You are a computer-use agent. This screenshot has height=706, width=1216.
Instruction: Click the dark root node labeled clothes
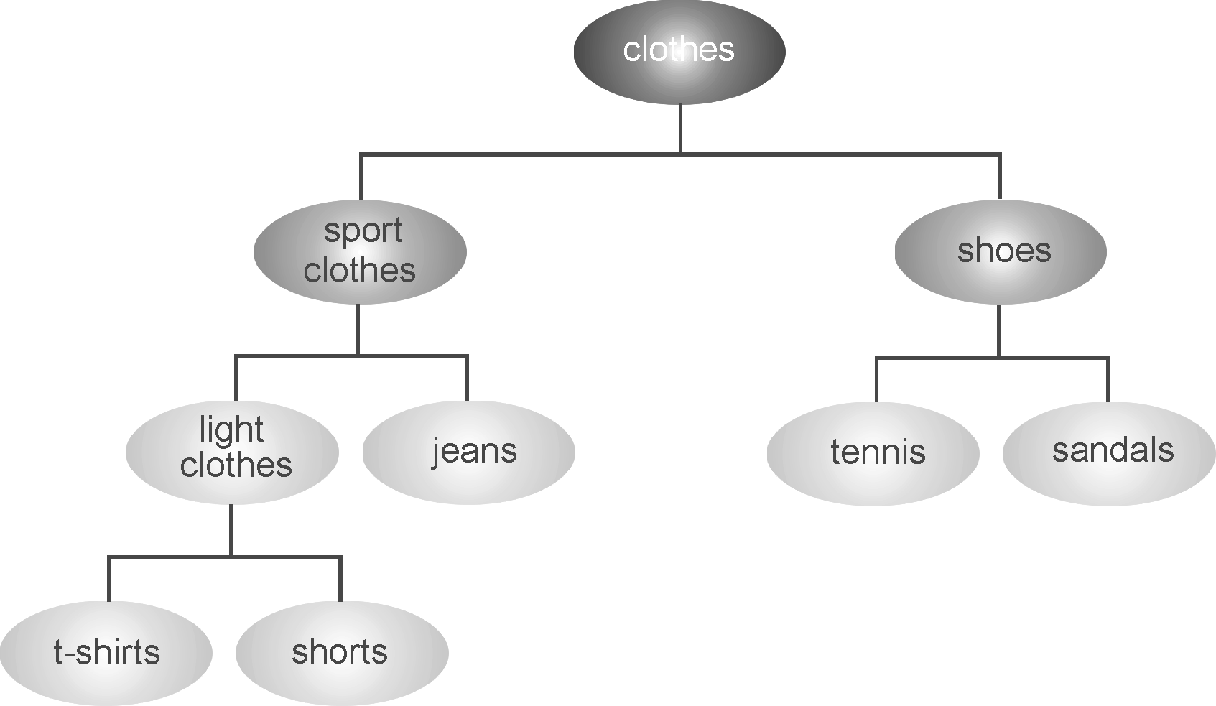[679, 51]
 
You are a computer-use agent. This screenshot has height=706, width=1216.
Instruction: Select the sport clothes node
[360, 251]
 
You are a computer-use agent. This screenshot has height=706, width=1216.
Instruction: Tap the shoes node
[1000, 251]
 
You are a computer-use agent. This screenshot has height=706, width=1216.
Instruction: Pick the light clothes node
[232, 452]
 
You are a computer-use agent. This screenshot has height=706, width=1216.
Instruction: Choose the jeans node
[468, 452]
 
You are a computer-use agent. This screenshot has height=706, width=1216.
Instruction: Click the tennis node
[873, 453]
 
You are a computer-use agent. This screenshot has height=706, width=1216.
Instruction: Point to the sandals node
[1109, 453]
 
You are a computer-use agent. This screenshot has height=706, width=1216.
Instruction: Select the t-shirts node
[106, 653]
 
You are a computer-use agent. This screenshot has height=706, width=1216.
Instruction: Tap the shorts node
[342, 653]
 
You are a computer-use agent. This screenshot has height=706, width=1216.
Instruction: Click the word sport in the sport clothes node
[363, 231]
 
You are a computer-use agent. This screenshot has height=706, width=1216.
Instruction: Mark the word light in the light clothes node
[231, 429]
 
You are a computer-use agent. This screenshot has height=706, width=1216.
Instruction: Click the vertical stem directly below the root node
[680, 129]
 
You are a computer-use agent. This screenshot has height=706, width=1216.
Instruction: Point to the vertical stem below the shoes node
[998, 330]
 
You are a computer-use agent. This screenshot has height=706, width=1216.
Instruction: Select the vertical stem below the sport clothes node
[358, 330]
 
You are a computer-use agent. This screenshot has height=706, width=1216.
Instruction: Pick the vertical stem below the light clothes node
[231, 530]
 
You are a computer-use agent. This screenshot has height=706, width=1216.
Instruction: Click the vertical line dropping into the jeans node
[468, 378]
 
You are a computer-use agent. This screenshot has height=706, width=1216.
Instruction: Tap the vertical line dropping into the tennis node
[876, 380]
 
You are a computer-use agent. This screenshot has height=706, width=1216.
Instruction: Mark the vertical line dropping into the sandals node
[1108, 380]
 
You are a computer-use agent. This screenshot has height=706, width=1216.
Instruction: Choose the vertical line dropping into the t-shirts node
[109, 579]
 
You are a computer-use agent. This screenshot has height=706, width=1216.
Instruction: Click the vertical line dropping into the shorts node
[340, 579]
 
